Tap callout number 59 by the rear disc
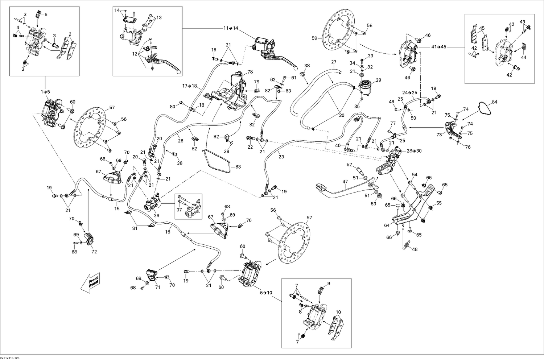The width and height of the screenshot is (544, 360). pos(314,38)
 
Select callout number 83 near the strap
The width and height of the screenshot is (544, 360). pos(238,167)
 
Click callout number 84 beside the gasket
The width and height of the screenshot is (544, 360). pos(495,102)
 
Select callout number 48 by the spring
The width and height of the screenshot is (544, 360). pos(415,250)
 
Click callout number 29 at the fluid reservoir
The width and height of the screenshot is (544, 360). pos(379,80)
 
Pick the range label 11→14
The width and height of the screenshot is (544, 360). pos(231,28)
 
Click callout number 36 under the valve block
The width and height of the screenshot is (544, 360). pos(156,215)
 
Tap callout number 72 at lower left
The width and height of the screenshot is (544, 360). pos(94,252)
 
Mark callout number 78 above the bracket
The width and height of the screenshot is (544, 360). pos(250,72)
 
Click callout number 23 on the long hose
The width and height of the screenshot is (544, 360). pos(281,157)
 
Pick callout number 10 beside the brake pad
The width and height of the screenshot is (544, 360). pos(338,312)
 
